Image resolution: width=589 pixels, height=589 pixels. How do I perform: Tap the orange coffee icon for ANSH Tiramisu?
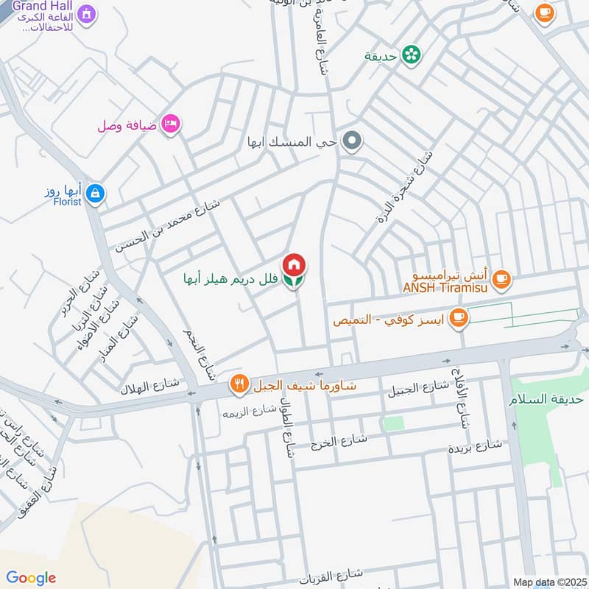tap(501, 278)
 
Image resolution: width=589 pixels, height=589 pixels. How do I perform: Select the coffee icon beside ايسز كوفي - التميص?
tap(459, 317)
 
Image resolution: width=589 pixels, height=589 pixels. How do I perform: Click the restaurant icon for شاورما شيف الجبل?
tap(239, 383)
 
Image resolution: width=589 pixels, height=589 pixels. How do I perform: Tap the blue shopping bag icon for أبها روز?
tap(95, 194)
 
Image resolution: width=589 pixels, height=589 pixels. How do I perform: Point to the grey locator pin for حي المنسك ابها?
tap(353, 140)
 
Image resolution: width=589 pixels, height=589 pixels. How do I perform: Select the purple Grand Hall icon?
tap(87, 13)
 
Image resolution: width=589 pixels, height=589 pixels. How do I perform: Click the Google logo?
tap(31, 578)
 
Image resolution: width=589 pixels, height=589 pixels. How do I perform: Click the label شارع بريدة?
tap(475, 446)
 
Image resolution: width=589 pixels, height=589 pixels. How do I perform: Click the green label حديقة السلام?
tap(546, 400)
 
